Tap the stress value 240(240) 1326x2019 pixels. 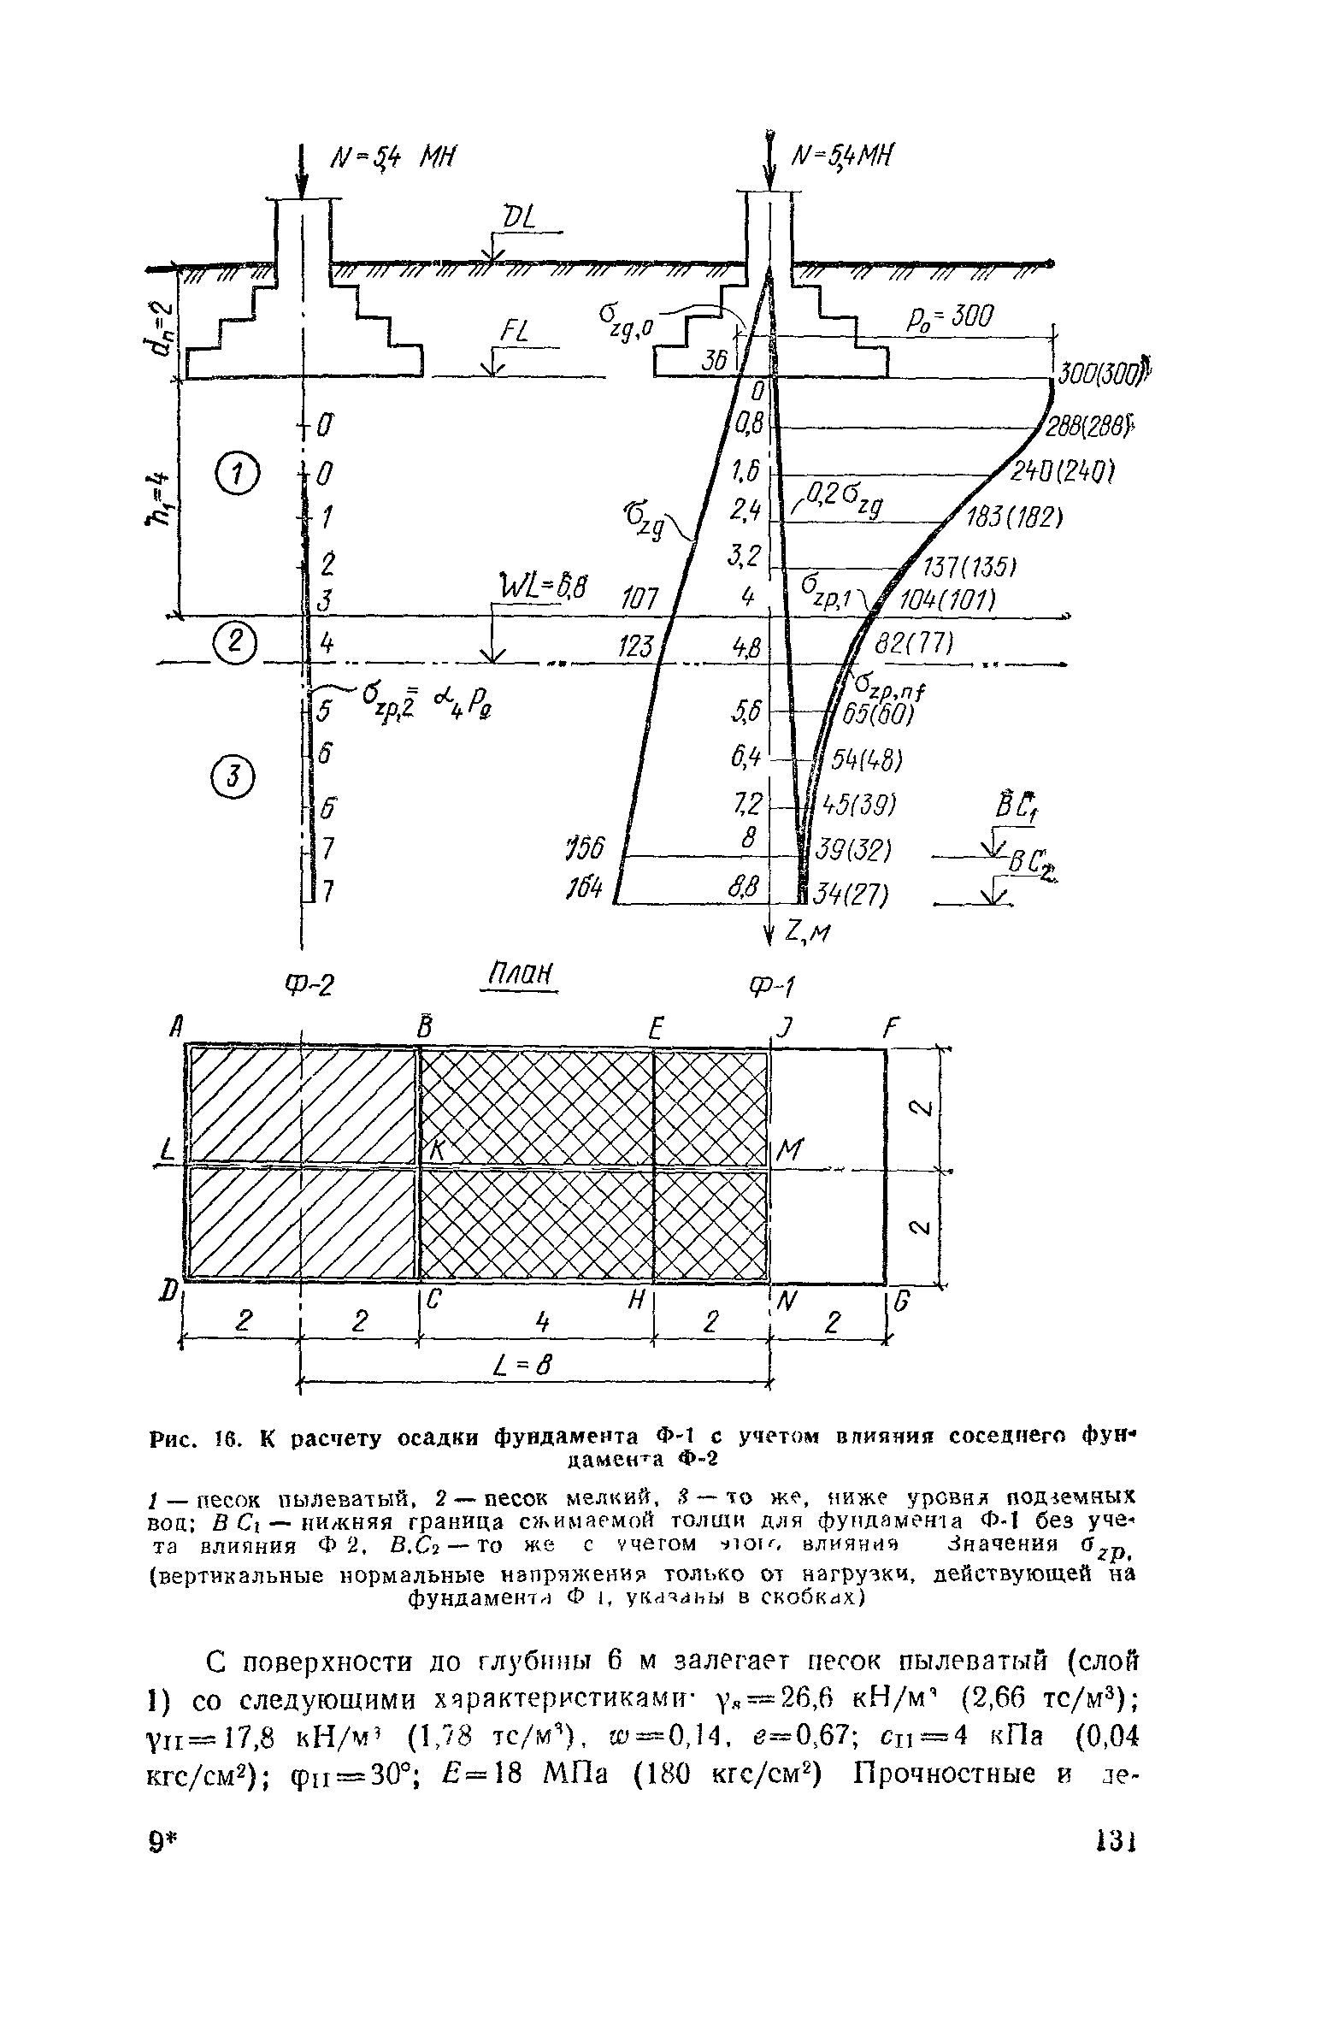point(1061,472)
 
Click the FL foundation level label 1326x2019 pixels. point(511,334)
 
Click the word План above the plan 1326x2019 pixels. point(519,975)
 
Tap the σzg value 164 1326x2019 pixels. point(584,891)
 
